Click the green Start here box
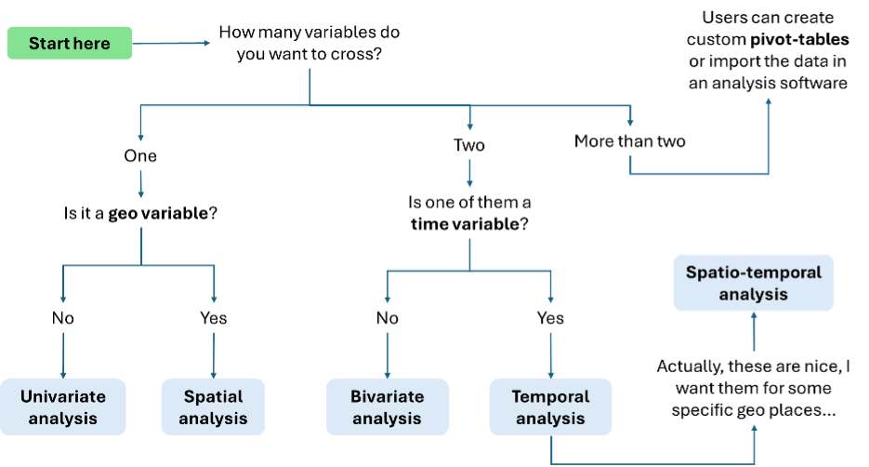(70, 44)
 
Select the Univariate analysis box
(62, 407)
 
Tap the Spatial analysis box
(214, 407)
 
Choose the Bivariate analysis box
(387, 407)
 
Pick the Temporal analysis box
(550, 407)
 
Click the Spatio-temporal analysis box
(753, 283)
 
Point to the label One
(140, 156)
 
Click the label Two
(469, 145)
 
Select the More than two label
(629, 141)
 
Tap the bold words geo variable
(158, 214)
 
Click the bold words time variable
(465, 224)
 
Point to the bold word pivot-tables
(799, 40)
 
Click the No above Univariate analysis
(62, 318)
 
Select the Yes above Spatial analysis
(214, 318)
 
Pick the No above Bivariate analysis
(387, 318)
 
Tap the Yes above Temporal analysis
(550, 318)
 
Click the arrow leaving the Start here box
(171, 43)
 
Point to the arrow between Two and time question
(469, 174)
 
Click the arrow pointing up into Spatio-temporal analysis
(754, 332)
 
